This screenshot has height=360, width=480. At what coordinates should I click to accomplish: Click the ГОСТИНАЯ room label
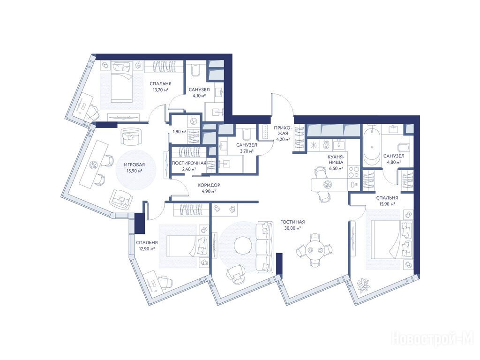point(292,222)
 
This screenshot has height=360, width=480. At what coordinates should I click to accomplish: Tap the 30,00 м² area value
point(292,228)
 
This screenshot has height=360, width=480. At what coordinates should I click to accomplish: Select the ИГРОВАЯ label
point(135,165)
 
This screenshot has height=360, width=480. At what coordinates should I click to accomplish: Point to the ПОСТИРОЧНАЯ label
point(189,163)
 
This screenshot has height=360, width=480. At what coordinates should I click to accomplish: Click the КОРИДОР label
point(209,185)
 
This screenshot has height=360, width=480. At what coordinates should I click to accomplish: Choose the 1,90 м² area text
point(180,132)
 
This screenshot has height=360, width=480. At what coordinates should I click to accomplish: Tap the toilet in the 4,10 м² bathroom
point(195,70)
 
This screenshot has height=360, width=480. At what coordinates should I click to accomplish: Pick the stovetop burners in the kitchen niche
point(354,172)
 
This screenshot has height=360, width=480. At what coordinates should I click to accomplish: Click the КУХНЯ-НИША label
point(336,160)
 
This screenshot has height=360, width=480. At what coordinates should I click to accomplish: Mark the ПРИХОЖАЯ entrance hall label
point(282,130)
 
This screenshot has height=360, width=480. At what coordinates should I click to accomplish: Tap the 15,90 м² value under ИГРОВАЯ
point(135,171)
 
